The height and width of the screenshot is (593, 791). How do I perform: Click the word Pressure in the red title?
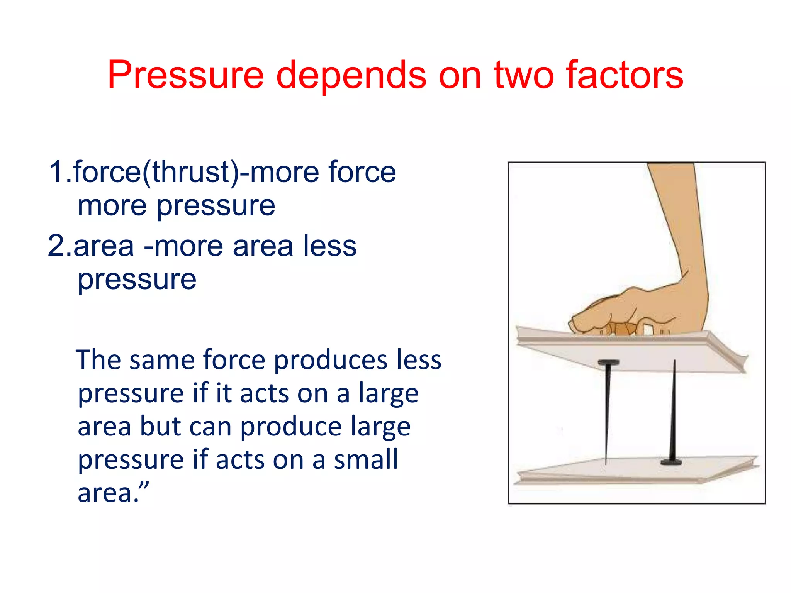[x=185, y=75]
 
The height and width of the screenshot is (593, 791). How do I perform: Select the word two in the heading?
[x=524, y=75]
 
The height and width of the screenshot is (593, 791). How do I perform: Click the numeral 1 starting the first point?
[x=56, y=172]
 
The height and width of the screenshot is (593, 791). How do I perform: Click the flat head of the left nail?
[x=608, y=363]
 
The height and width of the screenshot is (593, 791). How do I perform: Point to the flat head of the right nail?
[x=671, y=462]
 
